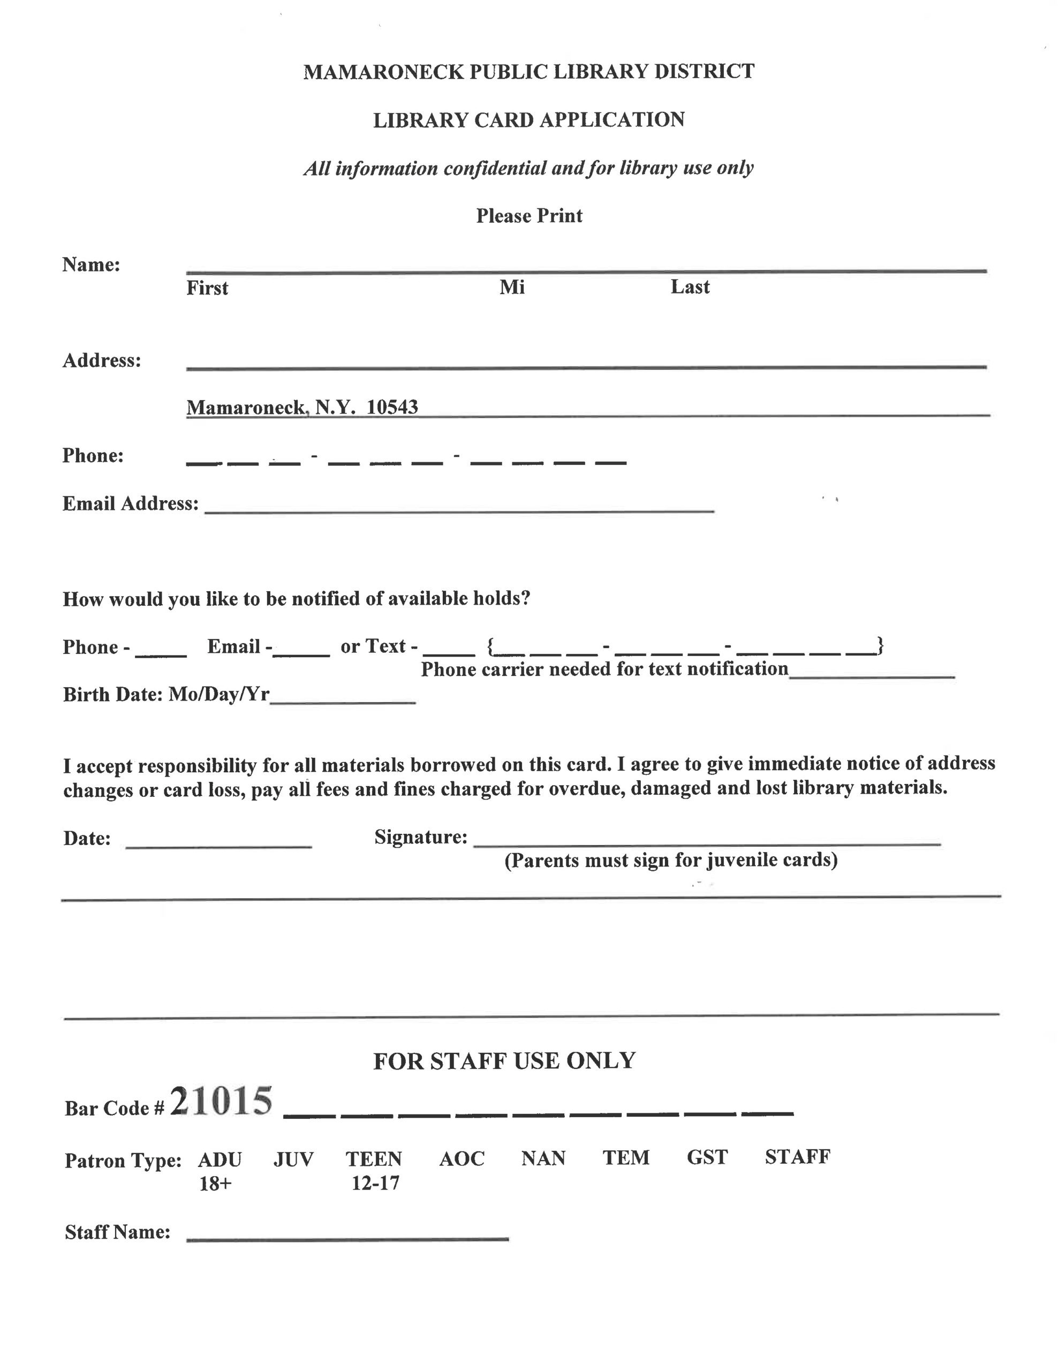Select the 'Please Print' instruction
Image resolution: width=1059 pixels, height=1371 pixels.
coord(528,216)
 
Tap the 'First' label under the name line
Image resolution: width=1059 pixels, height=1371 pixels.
coord(207,288)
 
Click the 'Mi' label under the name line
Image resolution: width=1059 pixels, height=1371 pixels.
coord(512,288)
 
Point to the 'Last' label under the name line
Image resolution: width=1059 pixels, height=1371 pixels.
coord(690,287)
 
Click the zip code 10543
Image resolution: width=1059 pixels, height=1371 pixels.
coord(392,408)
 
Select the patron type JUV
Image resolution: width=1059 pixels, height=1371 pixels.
coord(293,1159)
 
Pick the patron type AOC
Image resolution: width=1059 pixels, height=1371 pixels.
coord(462,1159)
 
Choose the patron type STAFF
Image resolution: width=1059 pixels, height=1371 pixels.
coord(797,1157)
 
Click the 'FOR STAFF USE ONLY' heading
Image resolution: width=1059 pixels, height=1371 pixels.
coord(504,1061)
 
